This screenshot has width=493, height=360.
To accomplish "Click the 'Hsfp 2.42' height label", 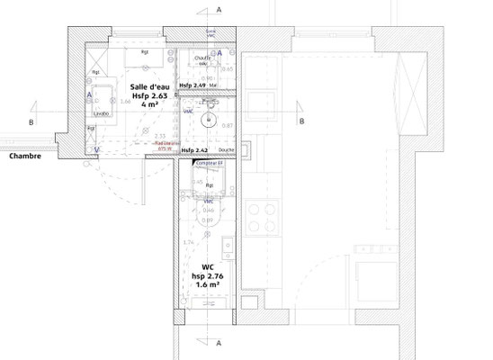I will coord(195,150).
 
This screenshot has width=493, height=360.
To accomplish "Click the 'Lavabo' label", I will coord(102,115).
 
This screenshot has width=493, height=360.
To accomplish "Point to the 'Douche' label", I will coord(225,150).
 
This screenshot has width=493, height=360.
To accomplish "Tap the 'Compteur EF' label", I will coord(209,162).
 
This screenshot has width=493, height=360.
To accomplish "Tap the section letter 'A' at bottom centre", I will coord(220,344).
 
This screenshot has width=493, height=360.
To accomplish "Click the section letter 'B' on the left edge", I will coord(32,121).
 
